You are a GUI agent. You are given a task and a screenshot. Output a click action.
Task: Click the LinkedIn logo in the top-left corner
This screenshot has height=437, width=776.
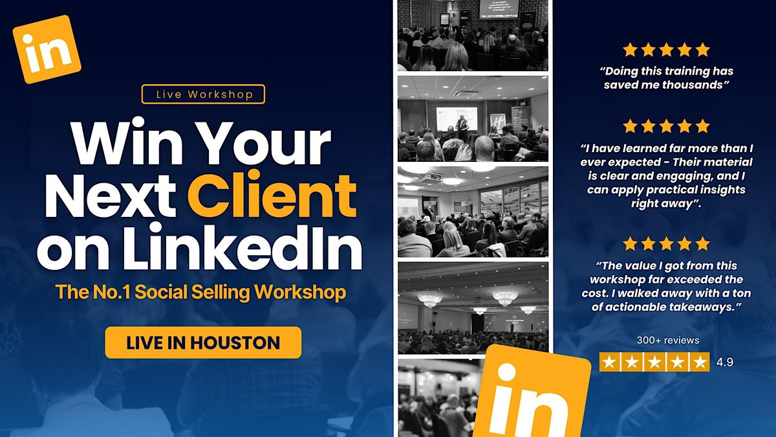47,49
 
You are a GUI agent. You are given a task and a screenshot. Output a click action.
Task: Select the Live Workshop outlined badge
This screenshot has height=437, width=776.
203,95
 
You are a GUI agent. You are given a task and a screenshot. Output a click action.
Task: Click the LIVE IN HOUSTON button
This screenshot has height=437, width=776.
203,342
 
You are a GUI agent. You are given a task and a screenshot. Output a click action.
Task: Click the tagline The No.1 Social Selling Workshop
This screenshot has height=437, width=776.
200,292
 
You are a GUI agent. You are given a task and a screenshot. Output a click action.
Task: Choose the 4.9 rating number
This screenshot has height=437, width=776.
725,363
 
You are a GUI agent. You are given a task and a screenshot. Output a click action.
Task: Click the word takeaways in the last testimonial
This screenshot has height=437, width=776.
704,307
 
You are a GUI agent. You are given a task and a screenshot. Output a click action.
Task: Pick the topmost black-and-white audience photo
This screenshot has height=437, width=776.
473,36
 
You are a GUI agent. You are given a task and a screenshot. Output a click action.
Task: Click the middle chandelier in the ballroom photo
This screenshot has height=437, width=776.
504,295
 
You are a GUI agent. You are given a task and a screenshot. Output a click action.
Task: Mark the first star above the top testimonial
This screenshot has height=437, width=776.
629,50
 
